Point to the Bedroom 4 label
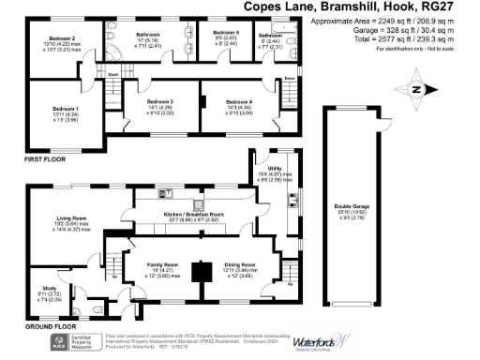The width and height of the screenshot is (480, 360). coord(239,101)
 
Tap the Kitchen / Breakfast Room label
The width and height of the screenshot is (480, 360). coord(197,215)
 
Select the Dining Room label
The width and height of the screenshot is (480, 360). coord(241,265)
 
